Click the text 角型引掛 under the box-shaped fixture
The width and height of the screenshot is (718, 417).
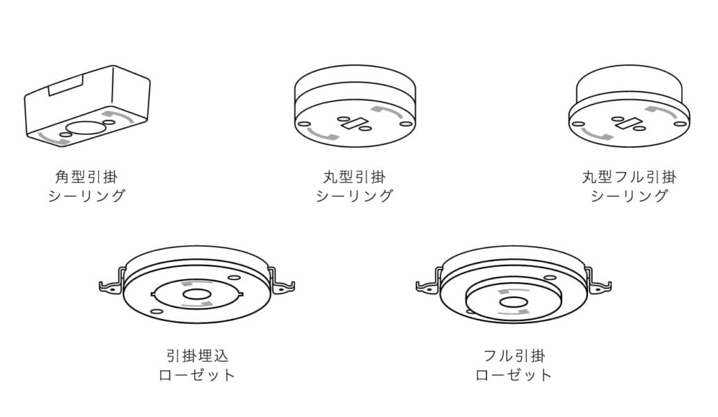point(86,177)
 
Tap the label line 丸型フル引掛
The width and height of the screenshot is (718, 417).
point(629,177)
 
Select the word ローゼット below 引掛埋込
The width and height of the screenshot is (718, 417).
point(197,375)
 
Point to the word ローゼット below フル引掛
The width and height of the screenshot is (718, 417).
point(513,375)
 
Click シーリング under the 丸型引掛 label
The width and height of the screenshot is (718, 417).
point(354,196)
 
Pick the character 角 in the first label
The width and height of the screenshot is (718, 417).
point(63,177)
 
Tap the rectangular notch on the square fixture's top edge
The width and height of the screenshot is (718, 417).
point(65,86)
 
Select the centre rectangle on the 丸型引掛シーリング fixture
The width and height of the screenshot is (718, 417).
point(353,124)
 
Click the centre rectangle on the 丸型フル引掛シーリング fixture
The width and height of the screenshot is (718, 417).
point(629,123)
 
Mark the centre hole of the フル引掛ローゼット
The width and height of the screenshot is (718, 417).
point(513,302)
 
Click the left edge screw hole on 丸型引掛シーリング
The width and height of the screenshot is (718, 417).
point(301,124)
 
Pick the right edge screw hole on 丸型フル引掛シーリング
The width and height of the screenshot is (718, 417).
point(681,124)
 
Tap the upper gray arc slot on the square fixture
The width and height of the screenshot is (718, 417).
point(118,115)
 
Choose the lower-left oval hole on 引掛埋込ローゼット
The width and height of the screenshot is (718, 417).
point(157,312)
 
